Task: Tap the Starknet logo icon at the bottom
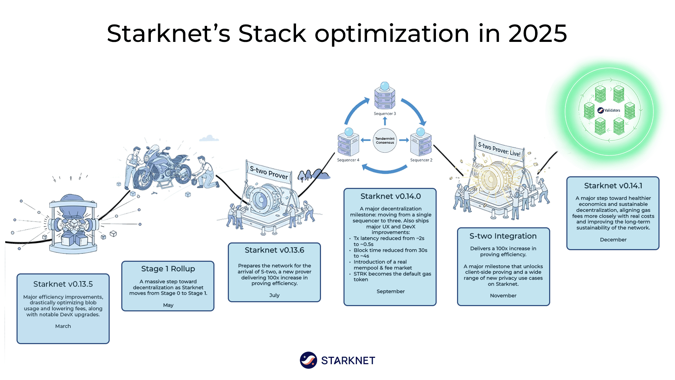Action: (308, 360)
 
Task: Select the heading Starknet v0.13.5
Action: (63, 284)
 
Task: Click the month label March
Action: (63, 326)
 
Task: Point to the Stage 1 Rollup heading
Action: (168, 269)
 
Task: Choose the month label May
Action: (168, 305)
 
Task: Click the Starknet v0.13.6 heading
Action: (274, 250)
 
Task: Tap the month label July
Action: (274, 295)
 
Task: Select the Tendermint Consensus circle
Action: (385, 140)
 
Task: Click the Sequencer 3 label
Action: (385, 114)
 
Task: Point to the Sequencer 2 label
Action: (421, 160)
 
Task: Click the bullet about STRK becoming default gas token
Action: (392, 277)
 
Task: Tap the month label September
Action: (390, 291)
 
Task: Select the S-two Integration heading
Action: (503, 236)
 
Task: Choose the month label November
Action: (503, 296)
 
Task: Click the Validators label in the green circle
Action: (612, 110)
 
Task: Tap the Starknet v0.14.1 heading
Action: (613, 186)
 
